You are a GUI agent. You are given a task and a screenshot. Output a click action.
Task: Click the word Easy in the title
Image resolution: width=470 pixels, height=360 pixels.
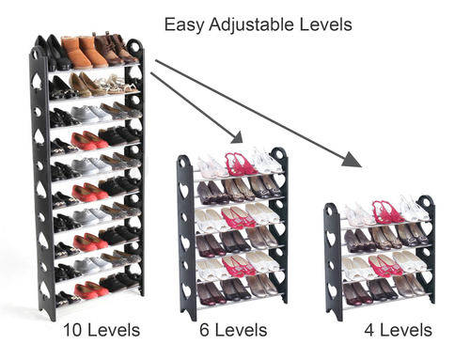pos(184,24)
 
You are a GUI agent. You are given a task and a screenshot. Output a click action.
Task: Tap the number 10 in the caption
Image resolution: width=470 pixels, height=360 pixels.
pos(73,330)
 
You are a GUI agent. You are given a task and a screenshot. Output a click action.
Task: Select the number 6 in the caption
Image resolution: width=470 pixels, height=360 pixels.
pos(204,330)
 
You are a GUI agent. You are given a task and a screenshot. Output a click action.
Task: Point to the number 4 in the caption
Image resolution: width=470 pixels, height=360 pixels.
pos(369,330)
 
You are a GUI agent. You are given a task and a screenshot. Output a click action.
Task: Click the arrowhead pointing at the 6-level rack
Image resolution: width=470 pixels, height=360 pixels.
pos(237,137)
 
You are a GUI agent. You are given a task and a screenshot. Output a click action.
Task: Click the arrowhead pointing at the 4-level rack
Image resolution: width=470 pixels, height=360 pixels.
pos(352,159)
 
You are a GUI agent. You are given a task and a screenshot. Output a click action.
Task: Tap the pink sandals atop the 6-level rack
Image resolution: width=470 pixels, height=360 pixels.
pos(241,164)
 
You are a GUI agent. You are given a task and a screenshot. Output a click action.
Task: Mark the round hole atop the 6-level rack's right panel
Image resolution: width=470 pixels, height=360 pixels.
pos(280,154)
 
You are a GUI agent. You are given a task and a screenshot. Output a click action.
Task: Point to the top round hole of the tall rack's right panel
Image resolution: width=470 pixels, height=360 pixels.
pos(135,47)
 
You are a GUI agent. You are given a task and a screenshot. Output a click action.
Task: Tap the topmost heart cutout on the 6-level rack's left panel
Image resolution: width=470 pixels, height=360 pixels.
pos(184,189)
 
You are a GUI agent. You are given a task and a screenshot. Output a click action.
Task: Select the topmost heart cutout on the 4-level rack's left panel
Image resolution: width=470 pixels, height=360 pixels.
pos(331,238)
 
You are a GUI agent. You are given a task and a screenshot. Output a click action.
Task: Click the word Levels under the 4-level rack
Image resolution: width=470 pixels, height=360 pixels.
pos(406,330)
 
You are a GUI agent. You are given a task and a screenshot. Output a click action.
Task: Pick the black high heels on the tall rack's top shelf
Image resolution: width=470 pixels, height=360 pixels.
pos(56,53)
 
